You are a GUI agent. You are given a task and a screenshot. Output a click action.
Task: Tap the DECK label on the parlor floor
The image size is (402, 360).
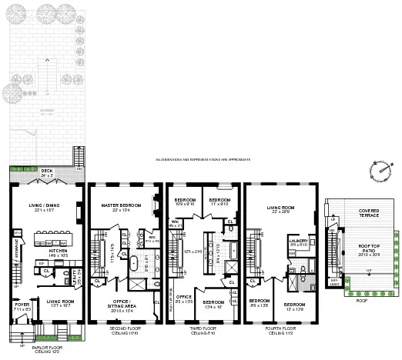[x=46, y=170]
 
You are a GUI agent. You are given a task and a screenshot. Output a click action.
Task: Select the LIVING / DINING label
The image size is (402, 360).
[x=46, y=205]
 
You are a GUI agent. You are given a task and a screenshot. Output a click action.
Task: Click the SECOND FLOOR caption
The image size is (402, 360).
[x=123, y=331]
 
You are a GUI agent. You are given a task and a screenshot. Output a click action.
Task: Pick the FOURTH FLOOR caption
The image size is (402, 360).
[x=279, y=331]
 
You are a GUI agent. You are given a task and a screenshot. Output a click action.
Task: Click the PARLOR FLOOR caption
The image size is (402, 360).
[x=46, y=348]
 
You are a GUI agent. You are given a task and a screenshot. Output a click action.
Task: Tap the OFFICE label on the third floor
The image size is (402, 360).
[x=183, y=296]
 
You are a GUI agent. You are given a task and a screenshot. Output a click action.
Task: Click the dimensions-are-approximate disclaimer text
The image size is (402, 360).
[x=203, y=160]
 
